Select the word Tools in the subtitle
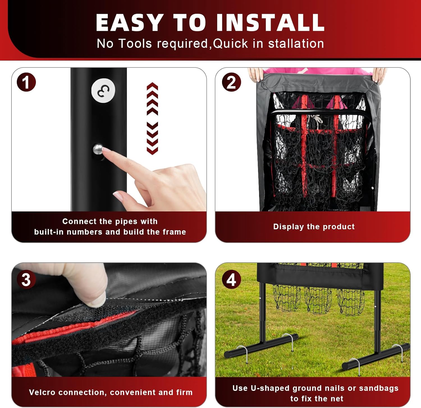(x=135, y=44)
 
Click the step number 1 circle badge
(x=26, y=82)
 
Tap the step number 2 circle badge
(x=231, y=82)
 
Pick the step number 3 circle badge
(x=26, y=279)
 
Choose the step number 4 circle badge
(x=231, y=279)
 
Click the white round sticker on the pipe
(x=103, y=91)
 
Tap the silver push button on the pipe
(x=97, y=149)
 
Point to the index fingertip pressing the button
(x=107, y=151)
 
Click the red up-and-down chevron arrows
(x=152, y=118)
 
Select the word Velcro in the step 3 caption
(x=42, y=392)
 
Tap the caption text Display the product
(x=314, y=226)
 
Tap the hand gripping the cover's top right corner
(x=379, y=75)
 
